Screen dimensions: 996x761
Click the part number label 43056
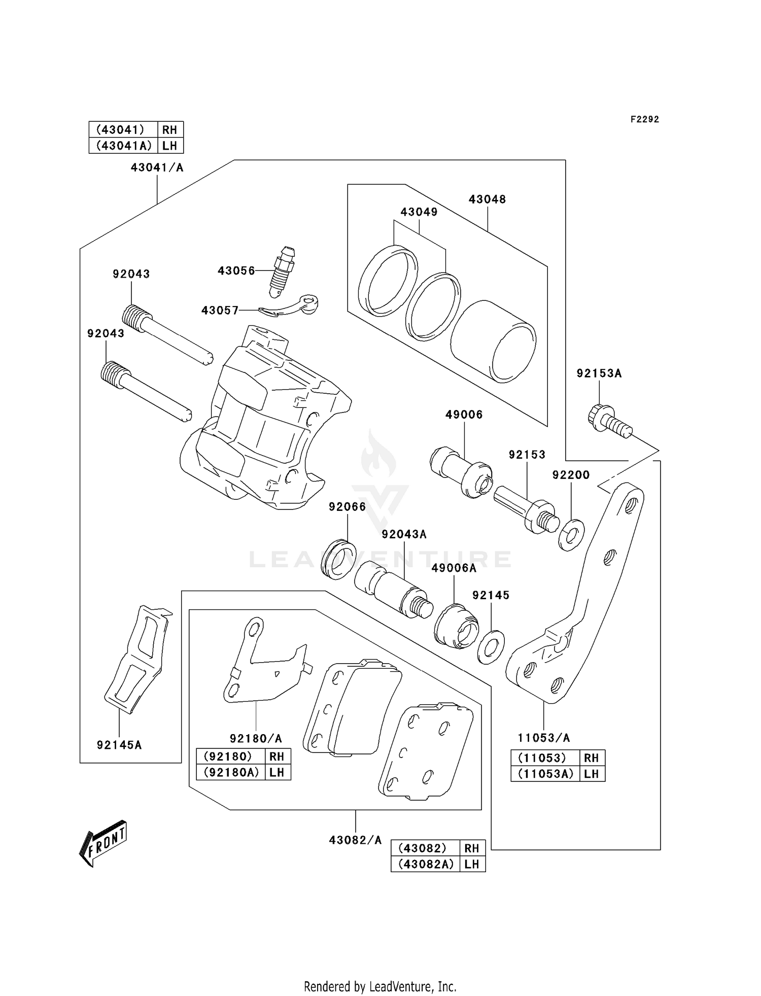click(x=236, y=270)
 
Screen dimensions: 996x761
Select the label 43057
click(x=220, y=311)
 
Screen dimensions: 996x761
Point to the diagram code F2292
click(x=644, y=119)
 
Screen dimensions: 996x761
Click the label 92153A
click(x=599, y=373)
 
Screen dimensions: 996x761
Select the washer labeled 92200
click(x=571, y=535)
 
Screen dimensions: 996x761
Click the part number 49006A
click(x=454, y=568)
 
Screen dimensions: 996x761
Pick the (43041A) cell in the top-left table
click(x=124, y=146)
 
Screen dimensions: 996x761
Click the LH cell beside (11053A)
click(x=591, y=774)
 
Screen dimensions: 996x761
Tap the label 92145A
click(x=119, y=745)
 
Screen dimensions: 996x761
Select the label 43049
click(x=419, y=212)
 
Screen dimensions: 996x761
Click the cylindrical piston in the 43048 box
click(x=493, y=342)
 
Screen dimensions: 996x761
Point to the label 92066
click(x=347, y=506)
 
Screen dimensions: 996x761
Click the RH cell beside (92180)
click(x=276, y=757)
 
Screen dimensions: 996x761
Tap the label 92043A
click(x=404, y=534)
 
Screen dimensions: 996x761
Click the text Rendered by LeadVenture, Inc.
click(x=380, y=987)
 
